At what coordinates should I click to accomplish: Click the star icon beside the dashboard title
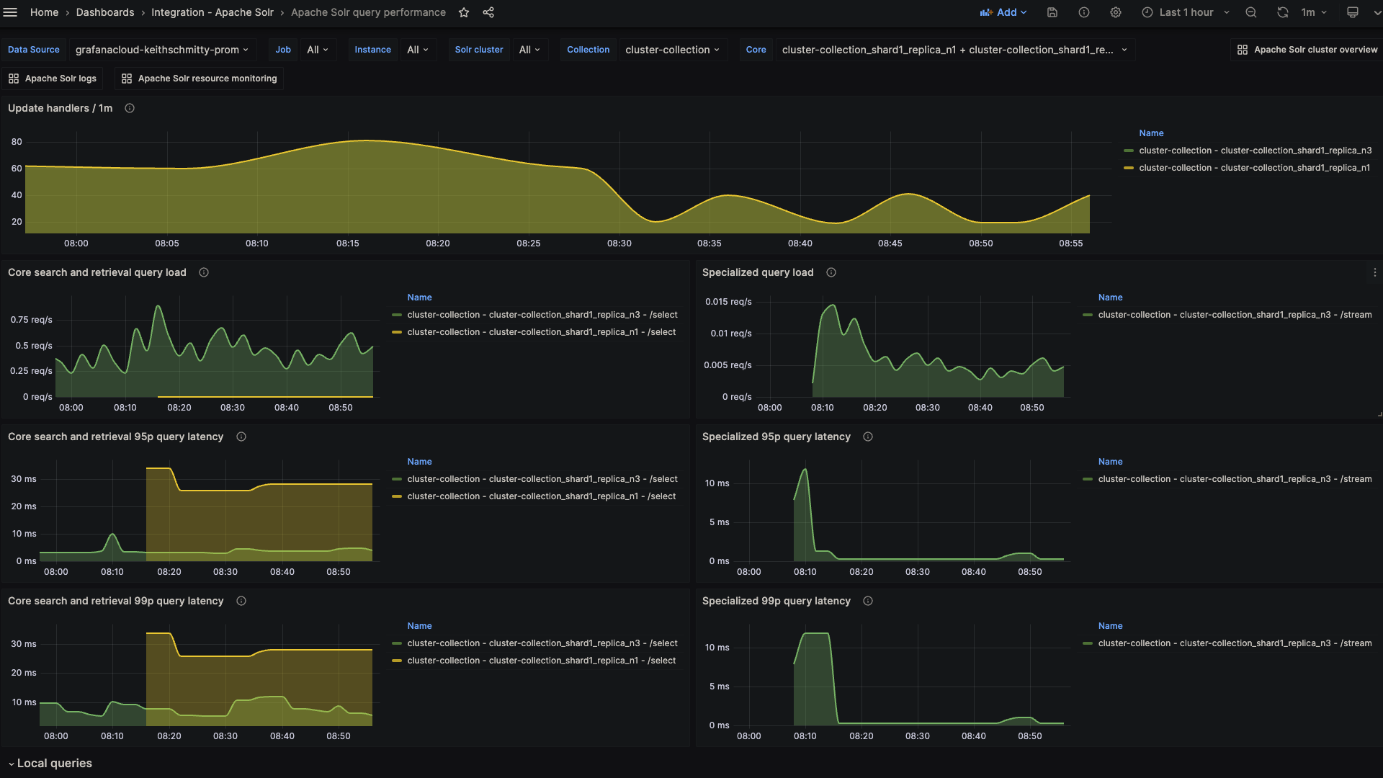464,12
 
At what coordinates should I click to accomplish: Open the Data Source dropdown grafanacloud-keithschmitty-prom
161,50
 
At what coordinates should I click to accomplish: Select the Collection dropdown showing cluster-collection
671,50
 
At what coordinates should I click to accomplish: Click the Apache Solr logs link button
53,79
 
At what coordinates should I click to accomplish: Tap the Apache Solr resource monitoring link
199,79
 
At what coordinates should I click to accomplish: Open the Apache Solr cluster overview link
1307,50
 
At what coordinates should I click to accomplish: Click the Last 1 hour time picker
1186,12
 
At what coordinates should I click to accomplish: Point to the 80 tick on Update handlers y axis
17,142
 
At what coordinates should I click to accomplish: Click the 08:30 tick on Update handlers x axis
619,243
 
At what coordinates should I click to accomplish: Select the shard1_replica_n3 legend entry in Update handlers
1255,151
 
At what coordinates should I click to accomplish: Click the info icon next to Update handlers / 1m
130,108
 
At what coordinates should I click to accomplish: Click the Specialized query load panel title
757,272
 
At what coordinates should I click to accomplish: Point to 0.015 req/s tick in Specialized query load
728,302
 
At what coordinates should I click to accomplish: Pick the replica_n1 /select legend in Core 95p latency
541,496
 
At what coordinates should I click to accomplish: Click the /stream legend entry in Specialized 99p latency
1235,643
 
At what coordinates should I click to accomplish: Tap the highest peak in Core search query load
158,307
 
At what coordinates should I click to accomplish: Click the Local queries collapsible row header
54,763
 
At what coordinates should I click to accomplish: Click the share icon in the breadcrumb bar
488,12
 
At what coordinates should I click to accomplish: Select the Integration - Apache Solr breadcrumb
212,12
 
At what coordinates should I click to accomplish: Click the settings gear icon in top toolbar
1115,12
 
